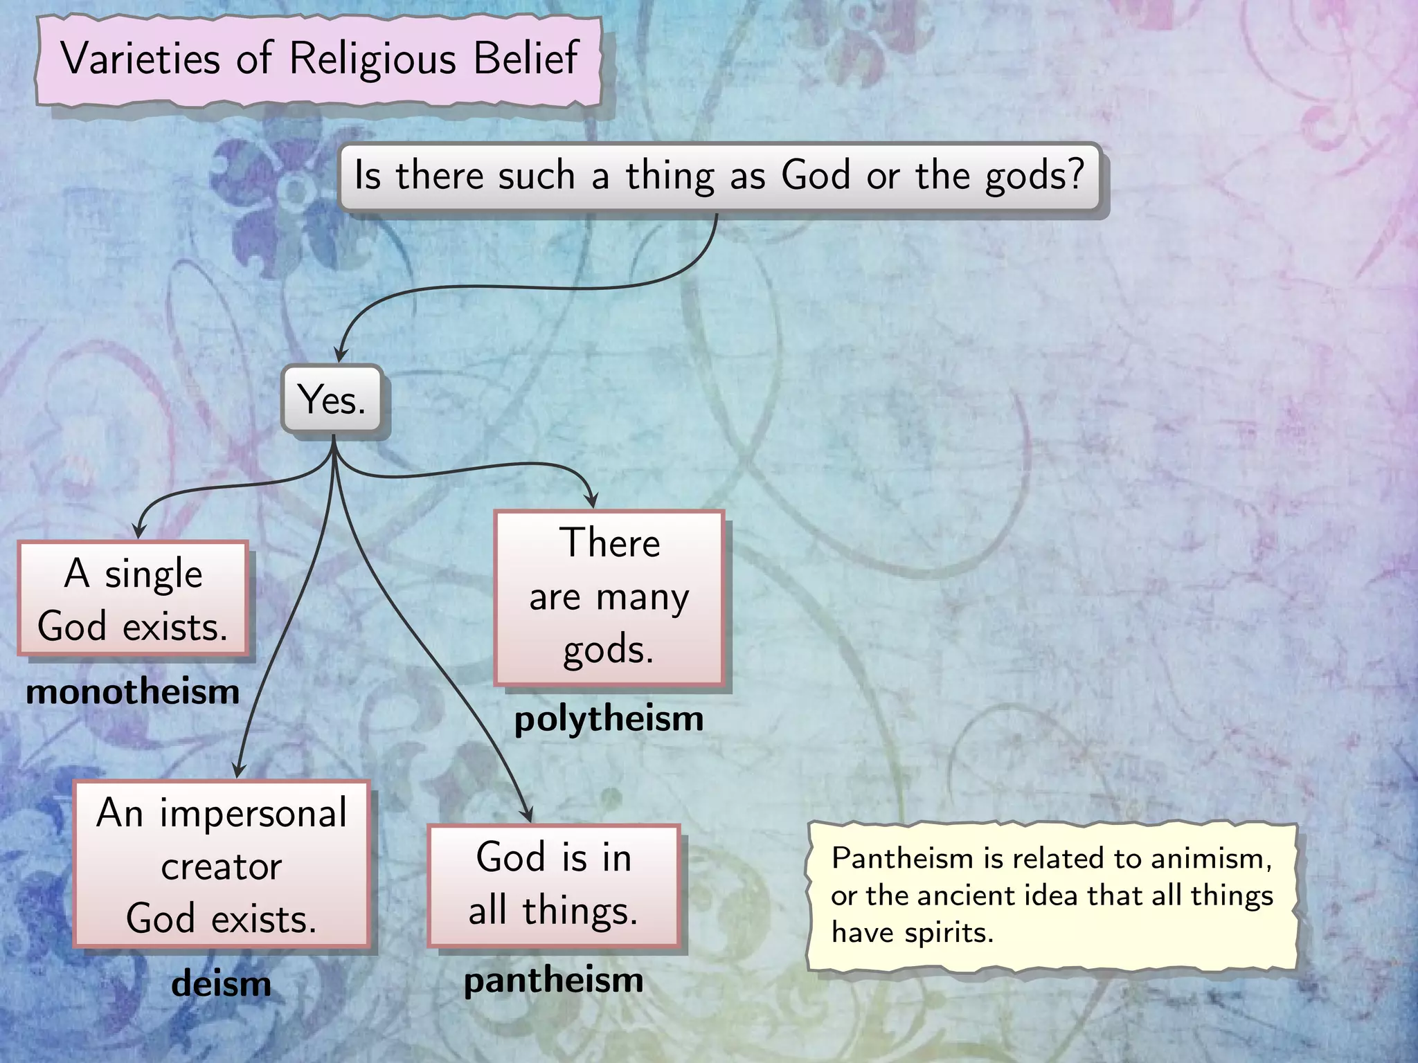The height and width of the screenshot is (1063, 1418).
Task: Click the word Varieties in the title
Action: tap(141, 58)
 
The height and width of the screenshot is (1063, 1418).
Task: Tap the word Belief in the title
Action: tap(526, 58)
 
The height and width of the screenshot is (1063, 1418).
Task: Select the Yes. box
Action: tap(332, 399)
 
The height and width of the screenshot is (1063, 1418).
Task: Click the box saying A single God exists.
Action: tap(133, 599)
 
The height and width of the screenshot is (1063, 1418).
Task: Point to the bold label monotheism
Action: tap(133, 692)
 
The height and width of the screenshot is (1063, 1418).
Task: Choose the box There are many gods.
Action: tap(609, 597)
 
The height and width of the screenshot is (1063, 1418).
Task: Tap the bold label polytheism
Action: tap(609, 719)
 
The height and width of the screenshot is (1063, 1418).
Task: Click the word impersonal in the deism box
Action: tap(253, 812)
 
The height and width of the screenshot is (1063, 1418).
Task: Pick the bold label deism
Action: tap(221, 983)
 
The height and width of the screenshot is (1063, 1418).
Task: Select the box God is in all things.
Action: tap(553, 884)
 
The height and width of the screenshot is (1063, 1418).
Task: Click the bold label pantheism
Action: tap(553, 981)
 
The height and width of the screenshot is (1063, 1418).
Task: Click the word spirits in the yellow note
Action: tap(949, 933)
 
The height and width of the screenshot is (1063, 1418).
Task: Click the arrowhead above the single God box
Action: tap(139, 531)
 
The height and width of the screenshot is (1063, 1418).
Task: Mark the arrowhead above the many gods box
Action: tap(591, 500)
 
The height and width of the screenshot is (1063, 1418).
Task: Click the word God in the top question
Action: tap(815, 174)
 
